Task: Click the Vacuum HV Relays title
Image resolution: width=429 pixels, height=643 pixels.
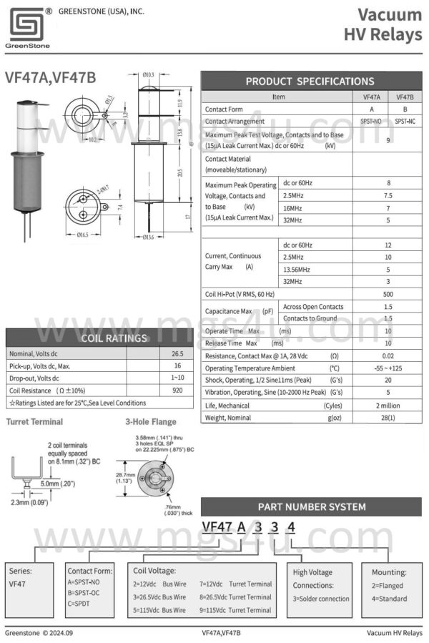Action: pyautogui.click(x=383, y=25)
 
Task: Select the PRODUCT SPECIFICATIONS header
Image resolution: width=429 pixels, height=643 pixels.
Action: pyautogui.click(x=310, y=81)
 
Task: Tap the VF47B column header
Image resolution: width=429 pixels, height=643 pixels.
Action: pyautogui.click(x=405, y=97)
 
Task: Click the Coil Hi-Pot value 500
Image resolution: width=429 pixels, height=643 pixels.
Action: pyautogui.click(x=388, y=294)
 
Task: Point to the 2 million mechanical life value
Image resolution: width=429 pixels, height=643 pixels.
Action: pyautogui.click(x=388, y=405)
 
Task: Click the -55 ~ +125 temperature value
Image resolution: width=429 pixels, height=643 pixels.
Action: pyautogui.click(x=388, y=368)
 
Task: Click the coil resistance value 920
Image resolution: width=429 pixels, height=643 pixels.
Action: pyautogui.click(x=177, y=391)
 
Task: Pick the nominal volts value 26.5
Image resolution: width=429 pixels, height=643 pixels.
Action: pyautogui.click(x=177, y=354)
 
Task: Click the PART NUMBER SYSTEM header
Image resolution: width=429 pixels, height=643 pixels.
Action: pyautogui.click(x=311, y=506)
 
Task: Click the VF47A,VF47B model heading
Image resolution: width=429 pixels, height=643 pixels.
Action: pyautogui.click(x=50, y=77)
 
